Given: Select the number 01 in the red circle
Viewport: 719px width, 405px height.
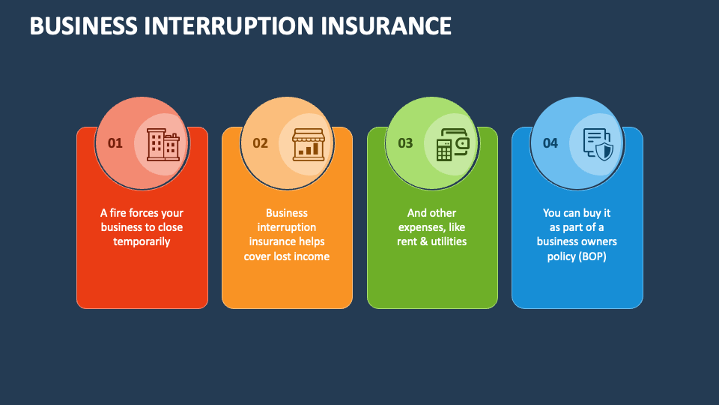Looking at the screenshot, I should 115,143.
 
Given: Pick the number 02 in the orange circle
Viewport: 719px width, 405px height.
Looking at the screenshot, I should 260,143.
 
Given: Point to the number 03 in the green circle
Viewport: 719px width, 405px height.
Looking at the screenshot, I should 405,143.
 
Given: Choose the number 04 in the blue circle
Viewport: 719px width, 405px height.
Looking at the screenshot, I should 550,143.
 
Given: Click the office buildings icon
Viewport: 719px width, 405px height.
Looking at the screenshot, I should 163,145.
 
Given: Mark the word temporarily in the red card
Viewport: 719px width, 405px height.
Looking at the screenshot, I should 142,241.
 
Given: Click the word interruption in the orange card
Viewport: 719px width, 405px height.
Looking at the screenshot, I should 287,227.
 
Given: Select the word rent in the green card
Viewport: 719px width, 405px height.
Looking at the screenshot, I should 409,241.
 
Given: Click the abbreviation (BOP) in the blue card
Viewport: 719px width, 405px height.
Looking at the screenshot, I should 592,256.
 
